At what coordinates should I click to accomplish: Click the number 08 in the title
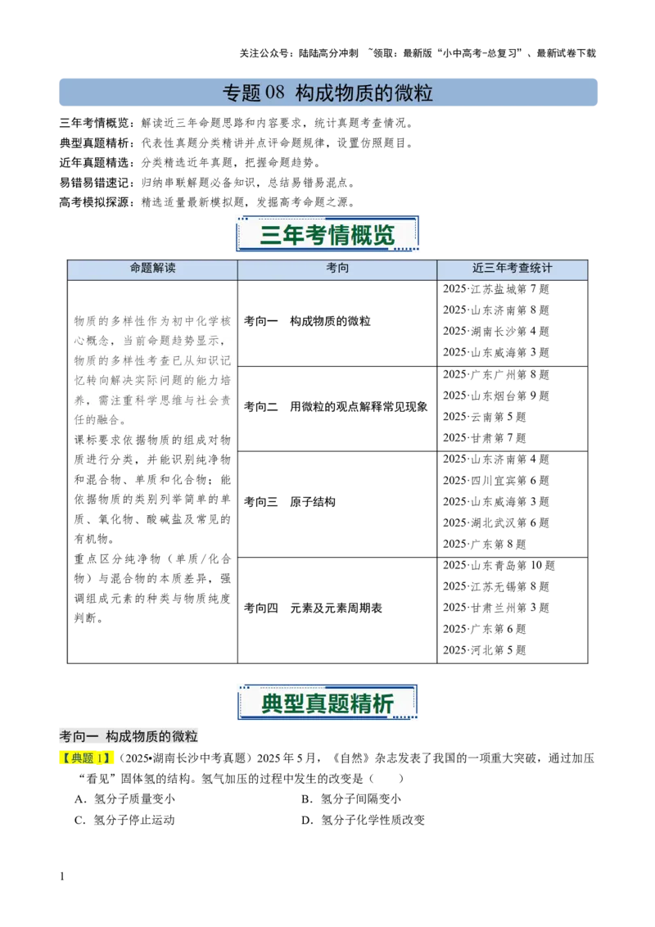pos(275,93)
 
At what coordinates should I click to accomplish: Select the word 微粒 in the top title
pos(416,93)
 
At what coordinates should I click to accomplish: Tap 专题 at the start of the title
pos(241,93)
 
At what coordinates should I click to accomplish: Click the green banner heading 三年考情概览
pos(327,235)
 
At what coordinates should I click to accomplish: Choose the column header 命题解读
pos(152,268)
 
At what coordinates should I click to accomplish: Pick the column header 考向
pos(337,268)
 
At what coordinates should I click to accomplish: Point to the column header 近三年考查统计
pos(513,268)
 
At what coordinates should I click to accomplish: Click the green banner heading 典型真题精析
pos(327,703)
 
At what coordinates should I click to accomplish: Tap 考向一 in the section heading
pos(79,737)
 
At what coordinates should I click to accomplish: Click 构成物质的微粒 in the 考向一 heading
pos(152,737)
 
